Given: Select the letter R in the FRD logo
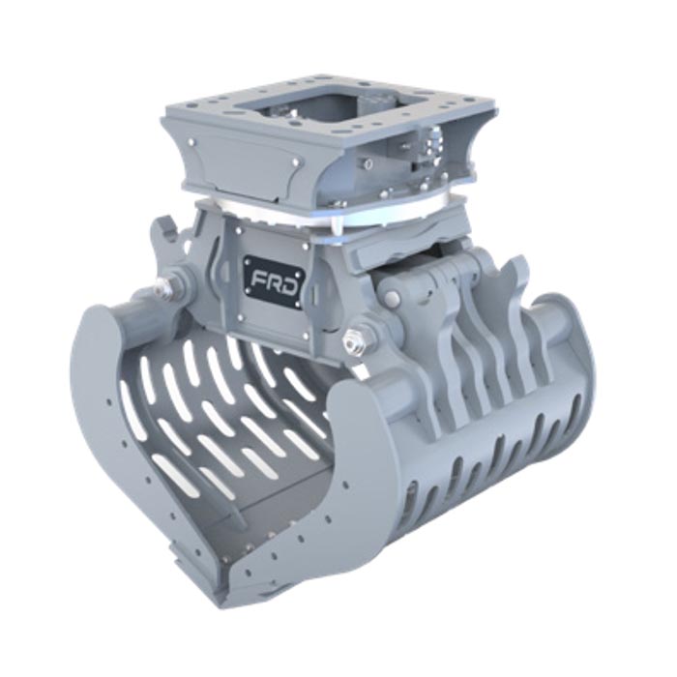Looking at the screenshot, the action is point(274,282).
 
